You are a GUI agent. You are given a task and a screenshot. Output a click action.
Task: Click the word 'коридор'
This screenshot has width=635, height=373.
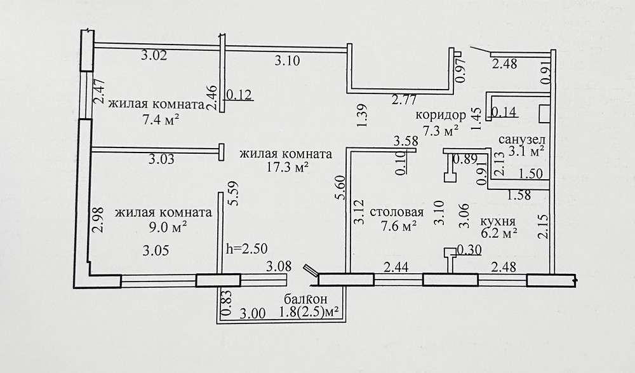click(441, 115)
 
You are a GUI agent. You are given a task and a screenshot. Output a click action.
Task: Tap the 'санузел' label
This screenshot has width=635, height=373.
click(522, 140)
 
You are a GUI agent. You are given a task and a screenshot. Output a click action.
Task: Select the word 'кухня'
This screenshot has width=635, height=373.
click(498, 221)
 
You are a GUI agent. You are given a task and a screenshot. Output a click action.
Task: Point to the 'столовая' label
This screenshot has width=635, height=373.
click(396, 212)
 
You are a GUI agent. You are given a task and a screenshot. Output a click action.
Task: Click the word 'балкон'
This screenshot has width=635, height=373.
click(305, 300)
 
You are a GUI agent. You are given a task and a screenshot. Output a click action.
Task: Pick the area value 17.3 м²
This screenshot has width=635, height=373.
click(288, 167)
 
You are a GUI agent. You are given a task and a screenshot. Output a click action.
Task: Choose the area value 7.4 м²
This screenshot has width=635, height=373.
click(161, 120)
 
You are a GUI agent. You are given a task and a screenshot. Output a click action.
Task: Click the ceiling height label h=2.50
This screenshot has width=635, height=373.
click(246, 248)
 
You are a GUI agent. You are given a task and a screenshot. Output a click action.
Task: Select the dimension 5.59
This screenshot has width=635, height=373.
click(234, 193)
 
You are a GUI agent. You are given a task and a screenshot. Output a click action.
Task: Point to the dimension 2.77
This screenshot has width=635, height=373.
click(404, 100)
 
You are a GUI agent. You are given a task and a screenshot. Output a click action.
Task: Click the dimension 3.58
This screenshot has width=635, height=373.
click(406, 142)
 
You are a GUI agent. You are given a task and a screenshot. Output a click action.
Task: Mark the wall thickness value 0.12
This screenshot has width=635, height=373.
click(239, 95)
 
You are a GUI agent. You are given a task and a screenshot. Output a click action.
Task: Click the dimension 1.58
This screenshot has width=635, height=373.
click(519, 195)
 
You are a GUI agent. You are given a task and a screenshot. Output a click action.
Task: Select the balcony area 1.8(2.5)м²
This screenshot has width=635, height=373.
click(309, 313)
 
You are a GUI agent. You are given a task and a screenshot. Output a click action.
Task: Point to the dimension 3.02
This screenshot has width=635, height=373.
click(154, 55)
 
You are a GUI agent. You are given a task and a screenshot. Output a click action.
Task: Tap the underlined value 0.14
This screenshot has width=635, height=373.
click(504, 112)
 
